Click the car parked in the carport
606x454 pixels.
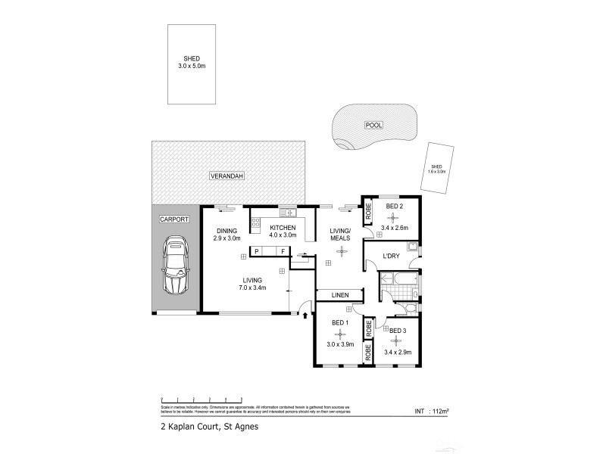(175, 266)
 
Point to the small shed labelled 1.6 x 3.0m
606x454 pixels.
(438, 169)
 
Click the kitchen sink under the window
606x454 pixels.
(288, 213)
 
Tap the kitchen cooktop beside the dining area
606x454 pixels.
(255, 223)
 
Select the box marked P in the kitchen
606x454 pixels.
(258, 250)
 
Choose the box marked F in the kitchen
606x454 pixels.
(283, 250)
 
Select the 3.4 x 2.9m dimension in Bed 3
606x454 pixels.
(398, 352)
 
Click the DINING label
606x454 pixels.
(227, 231)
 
